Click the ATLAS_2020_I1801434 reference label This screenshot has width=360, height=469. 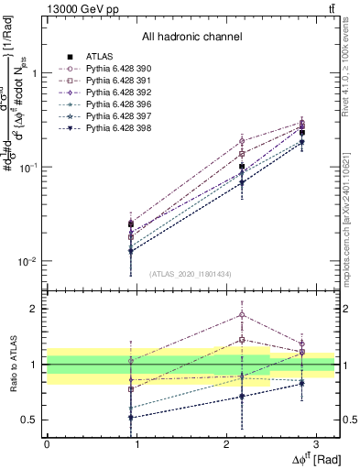191,274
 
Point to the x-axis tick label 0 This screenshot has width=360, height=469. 47,442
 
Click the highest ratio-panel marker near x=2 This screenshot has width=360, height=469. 242,314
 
